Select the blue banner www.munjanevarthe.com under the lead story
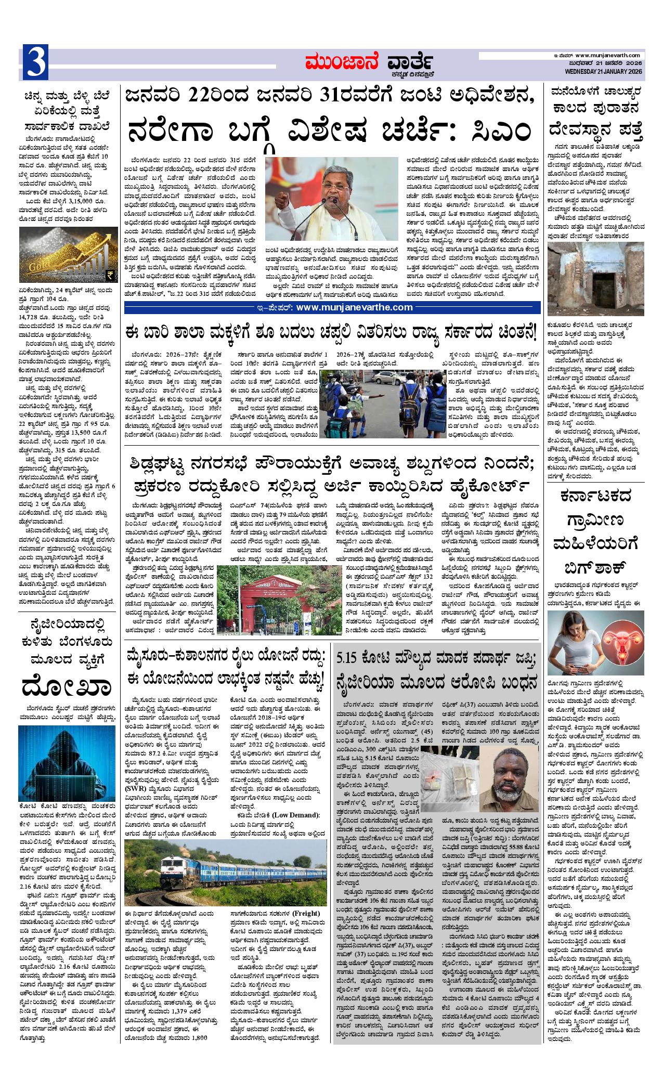332,307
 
